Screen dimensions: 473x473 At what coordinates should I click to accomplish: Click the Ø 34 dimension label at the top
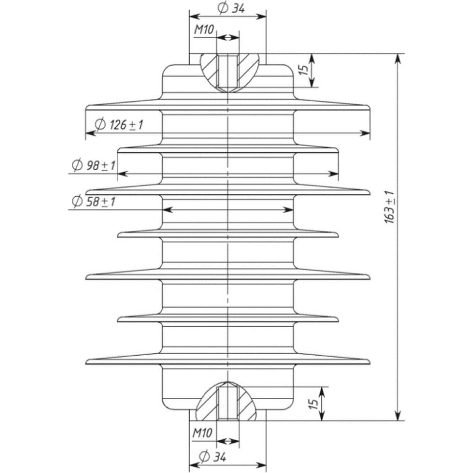coord(231,8)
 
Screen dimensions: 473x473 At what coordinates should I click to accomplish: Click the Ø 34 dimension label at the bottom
coord(212,457)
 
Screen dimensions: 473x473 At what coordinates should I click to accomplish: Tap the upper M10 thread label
coord(204,29)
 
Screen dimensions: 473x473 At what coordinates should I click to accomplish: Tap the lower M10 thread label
coord(202,433)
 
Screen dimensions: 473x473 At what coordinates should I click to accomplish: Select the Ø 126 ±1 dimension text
coord(119,124)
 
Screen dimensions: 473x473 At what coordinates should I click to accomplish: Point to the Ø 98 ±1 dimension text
coord(94,165)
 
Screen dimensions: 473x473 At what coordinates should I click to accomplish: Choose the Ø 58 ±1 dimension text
coord(94,201)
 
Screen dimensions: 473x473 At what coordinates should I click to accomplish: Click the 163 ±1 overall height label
coord(389,207)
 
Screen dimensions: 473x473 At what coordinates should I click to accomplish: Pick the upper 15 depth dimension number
coord(305,70)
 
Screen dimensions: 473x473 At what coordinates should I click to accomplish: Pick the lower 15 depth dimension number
coord(314,403)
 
